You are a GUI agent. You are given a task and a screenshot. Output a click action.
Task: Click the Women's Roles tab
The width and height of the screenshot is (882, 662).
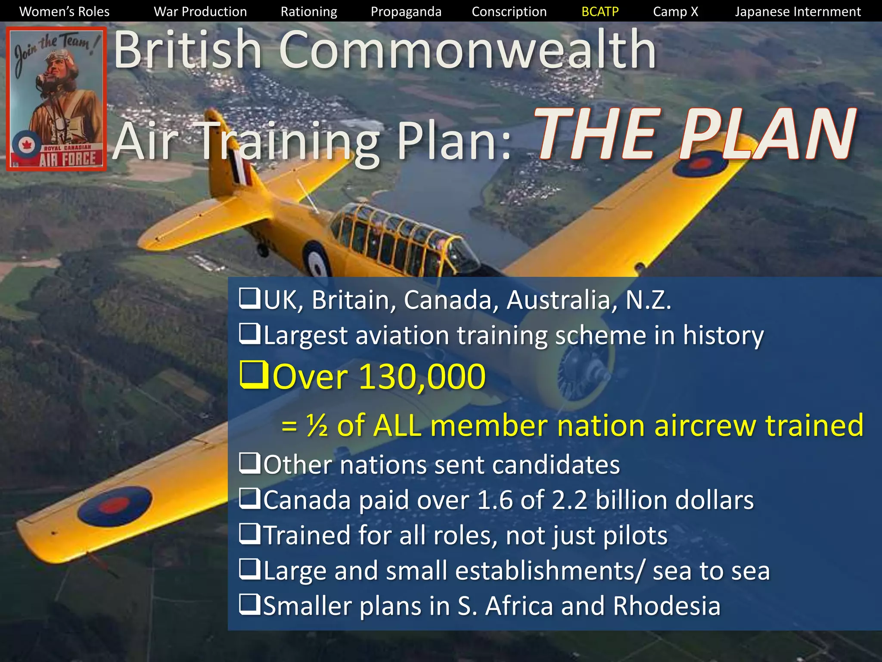65,12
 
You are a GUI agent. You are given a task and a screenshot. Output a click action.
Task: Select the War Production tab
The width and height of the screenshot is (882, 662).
200,12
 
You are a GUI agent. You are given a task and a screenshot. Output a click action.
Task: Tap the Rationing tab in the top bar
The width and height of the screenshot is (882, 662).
309,12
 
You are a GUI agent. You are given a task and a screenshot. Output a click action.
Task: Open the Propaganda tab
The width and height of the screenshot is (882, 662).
406,12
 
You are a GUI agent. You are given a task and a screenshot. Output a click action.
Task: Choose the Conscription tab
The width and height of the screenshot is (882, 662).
509,12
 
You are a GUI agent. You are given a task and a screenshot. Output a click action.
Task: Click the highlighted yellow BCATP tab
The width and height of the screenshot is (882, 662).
600,12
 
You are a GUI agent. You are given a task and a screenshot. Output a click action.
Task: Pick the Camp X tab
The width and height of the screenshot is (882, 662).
675,12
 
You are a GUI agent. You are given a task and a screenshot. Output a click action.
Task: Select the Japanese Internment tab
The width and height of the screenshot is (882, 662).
798,12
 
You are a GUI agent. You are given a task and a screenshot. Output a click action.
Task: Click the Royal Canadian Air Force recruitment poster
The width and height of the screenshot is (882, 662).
56,99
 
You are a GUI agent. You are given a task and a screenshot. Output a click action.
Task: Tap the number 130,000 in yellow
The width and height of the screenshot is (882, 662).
422,377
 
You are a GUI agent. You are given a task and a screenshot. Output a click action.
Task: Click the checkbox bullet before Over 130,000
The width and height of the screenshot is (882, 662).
254,375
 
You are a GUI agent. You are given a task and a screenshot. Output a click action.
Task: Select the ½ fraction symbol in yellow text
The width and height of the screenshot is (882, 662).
317,425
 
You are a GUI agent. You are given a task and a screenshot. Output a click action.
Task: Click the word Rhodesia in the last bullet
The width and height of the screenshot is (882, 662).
666,606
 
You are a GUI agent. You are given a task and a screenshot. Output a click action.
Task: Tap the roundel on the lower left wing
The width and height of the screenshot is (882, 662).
115,506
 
